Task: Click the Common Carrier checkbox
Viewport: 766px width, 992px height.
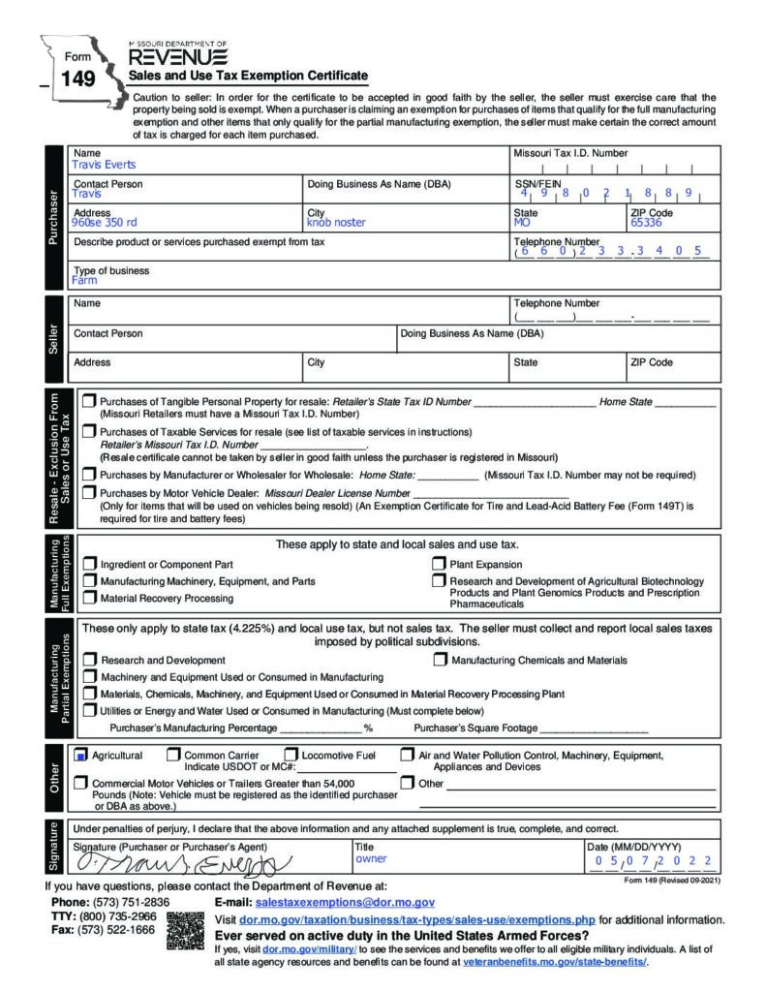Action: coord(173,755)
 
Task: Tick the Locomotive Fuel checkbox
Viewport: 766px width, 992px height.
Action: coord(291,755)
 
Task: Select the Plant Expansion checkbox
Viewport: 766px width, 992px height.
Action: coord(439,564)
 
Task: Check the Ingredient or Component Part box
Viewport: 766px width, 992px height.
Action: coord(90,564)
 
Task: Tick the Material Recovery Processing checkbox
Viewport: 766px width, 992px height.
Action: coord(90,598)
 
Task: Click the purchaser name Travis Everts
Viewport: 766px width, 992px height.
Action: coord(104,165)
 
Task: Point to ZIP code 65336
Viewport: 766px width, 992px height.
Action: coord(646,222)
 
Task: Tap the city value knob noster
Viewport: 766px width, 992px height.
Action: coord(336,222)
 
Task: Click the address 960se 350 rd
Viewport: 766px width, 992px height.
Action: coord(105,222)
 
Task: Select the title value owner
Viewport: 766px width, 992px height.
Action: coord(371,858)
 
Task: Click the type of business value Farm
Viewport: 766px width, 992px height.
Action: coord(84,281)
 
